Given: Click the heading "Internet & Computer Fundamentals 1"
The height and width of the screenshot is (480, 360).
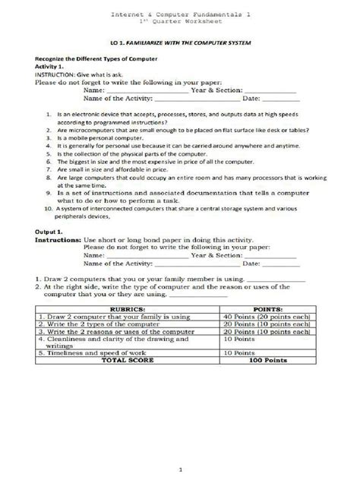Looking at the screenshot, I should coord(180,14).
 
